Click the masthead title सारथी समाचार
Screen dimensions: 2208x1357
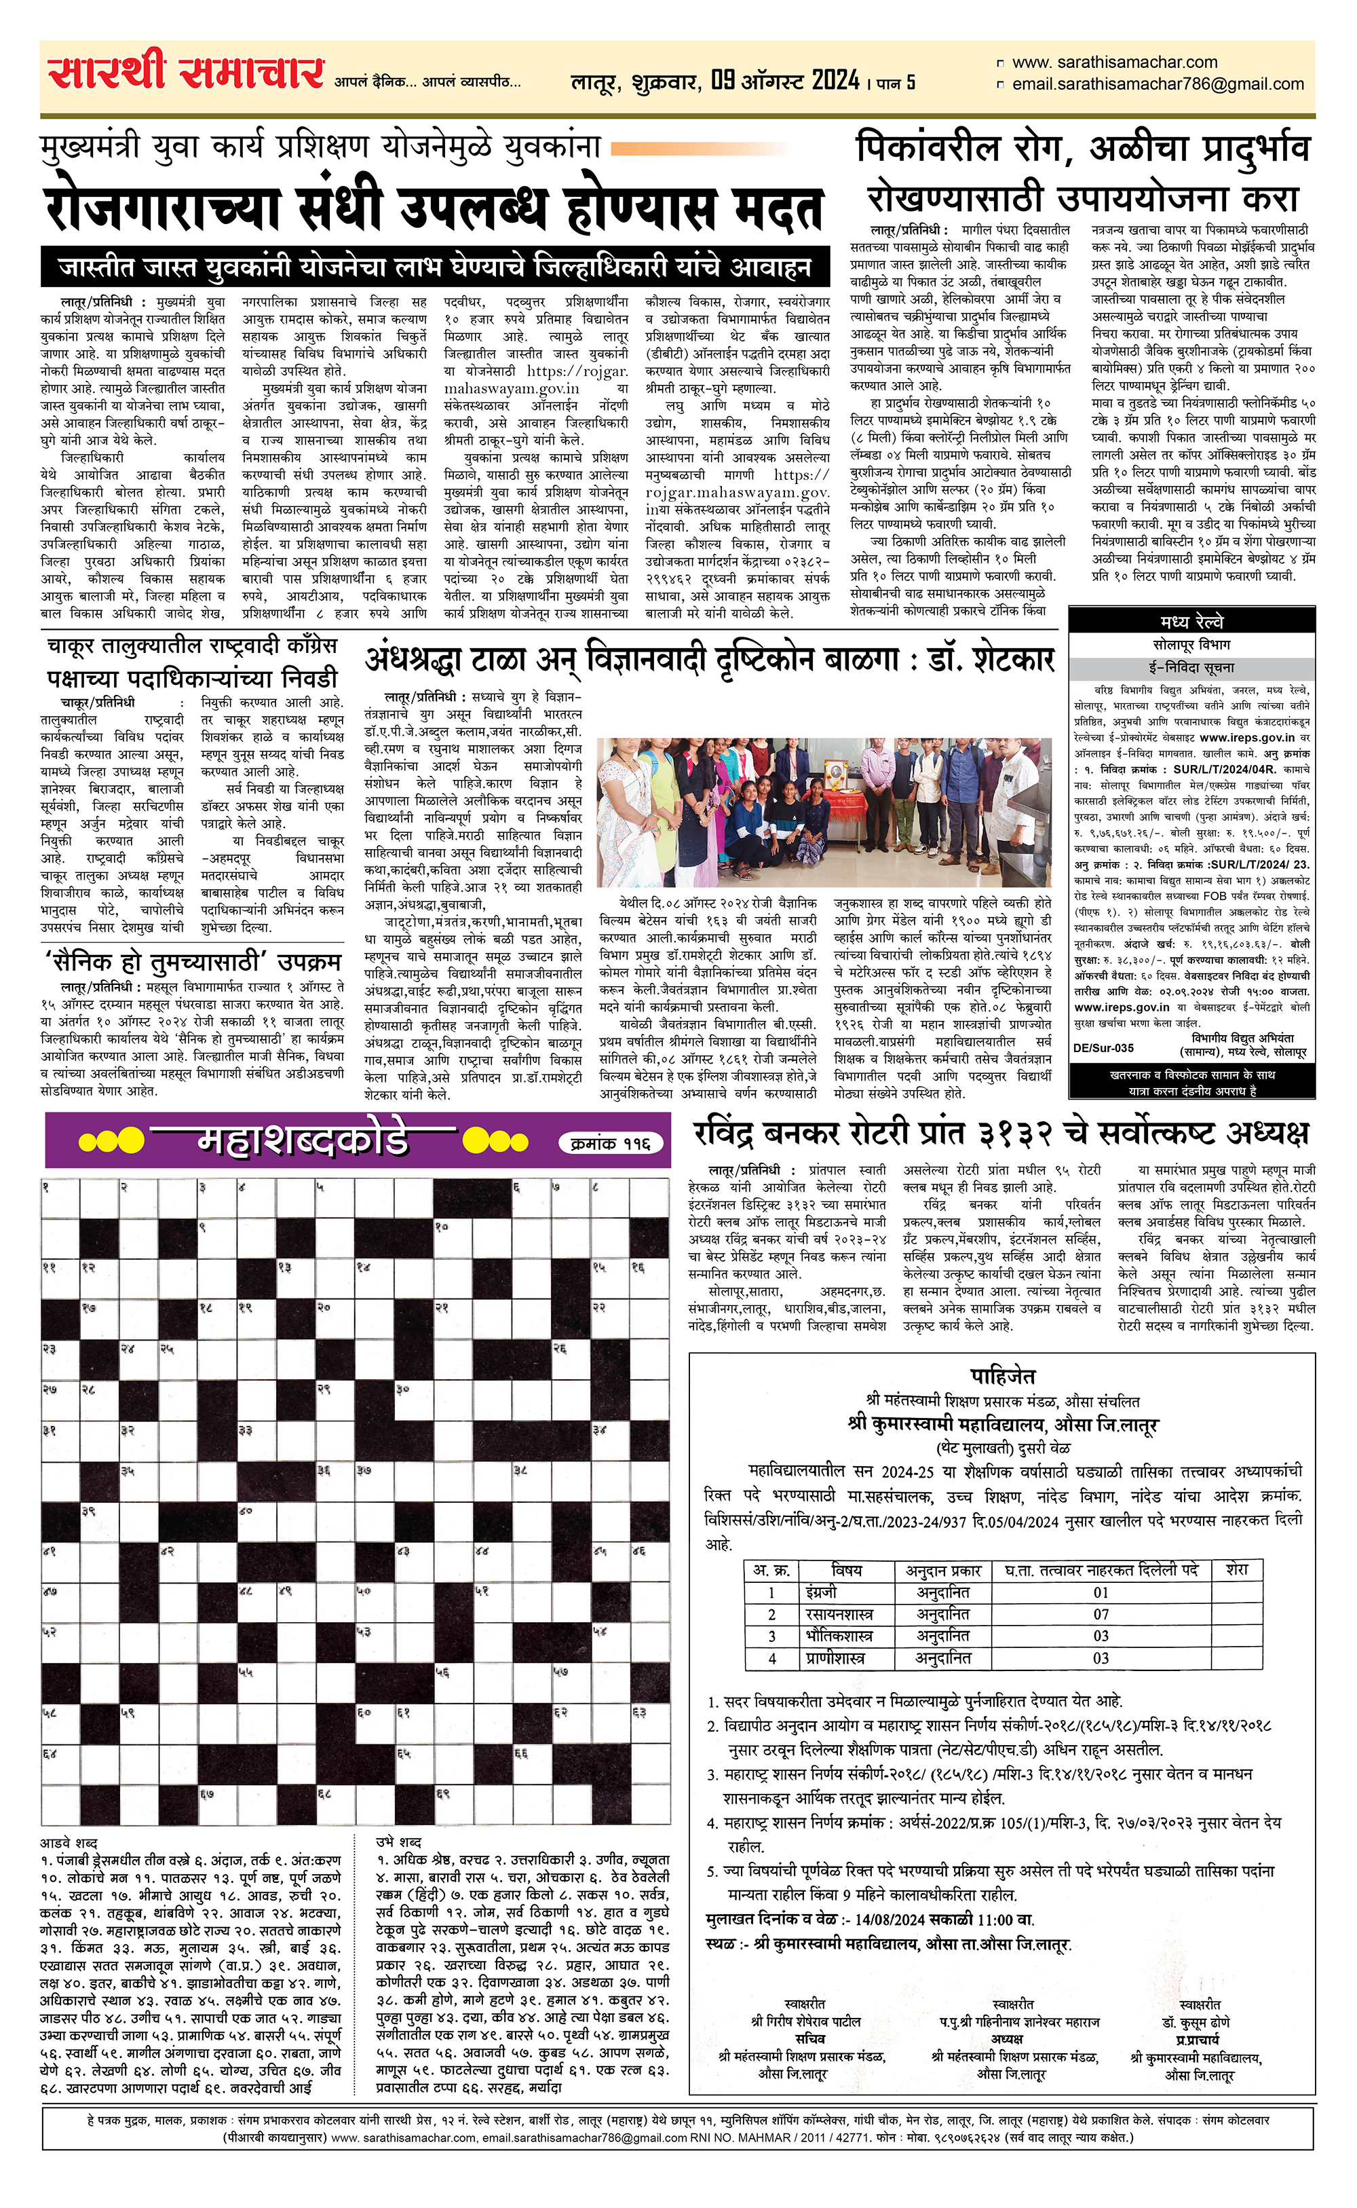tap(186, 73)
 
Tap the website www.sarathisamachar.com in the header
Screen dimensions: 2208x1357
tap(1114, 63)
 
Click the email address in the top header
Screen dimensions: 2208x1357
tap(1157, 84)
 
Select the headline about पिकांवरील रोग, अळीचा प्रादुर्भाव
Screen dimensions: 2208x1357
tap(1082, 149)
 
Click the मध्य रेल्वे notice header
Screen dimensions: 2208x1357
tap(1191, 622)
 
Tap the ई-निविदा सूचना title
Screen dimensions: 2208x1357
tap(1191, 668)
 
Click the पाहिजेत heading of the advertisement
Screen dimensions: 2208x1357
tap(1003, 1376)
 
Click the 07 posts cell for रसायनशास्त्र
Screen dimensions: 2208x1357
tap(1101, 1614)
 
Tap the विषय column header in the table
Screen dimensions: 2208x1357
tap(846, 1570)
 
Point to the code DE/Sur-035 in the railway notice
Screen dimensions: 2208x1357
tap(1103, 1047)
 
